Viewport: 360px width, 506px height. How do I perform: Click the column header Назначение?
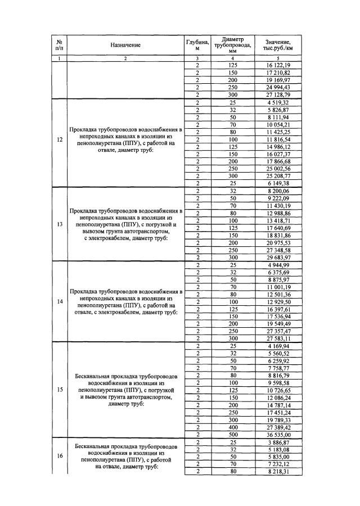click(x=125, y=45)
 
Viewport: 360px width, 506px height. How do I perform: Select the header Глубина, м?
click(x=197, y=45)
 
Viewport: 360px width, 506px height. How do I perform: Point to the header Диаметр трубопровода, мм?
click(x=232, y=45)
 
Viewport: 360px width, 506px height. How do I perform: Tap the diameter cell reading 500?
click(x=232, y=435)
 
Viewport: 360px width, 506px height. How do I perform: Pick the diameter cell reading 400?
click(x=232, y=427)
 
